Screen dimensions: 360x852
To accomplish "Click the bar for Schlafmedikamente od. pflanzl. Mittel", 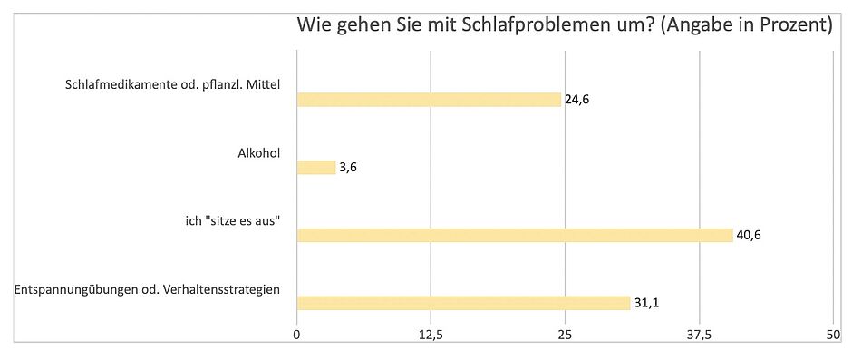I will [x=429, y=100].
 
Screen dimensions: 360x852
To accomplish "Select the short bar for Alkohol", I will [x=316, y=167].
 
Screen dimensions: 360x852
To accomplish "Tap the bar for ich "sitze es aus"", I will [x=514, y=235].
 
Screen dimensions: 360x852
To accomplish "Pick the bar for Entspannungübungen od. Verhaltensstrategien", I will [x=463, y=303].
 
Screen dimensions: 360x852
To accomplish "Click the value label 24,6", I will [x=577, y=100].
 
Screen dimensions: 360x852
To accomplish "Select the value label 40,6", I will [x=750, y=235].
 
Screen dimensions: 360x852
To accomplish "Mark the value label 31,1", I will [x=646, y=303].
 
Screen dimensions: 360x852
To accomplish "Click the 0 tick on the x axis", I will [x=297, y=335].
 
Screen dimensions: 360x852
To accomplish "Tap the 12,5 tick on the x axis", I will [x=431, y=335].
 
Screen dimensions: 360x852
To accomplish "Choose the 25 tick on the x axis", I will [x=565, y=335].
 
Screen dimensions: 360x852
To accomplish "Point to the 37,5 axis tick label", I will [x=699, y=335].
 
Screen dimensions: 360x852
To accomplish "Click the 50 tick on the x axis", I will [x=833, y=335].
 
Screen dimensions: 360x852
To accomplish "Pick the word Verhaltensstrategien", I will [x=224, y=289].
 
